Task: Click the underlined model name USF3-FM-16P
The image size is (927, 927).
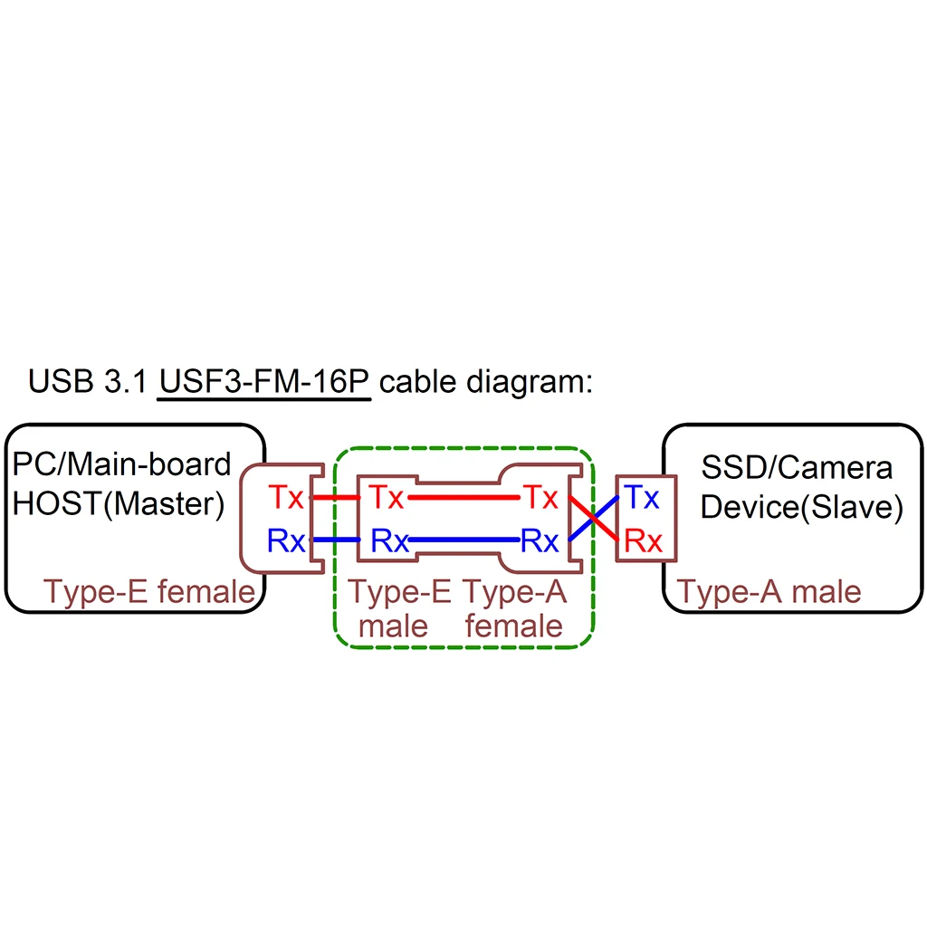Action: [x=264, y=380]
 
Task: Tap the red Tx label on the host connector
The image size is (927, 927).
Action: [x=286, y=497]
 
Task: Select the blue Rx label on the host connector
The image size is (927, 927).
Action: [x=286, y=541]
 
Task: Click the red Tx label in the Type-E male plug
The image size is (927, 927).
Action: [x=386, y=497]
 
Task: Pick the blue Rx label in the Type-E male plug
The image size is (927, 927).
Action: [x=390, y=541]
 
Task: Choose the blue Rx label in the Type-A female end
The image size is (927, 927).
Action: [x=540, y=541]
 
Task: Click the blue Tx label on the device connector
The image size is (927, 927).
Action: [x=642, y=497]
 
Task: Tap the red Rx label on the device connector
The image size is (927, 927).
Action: [x=644, y=541]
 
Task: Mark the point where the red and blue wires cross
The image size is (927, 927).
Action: [x=593, y=519]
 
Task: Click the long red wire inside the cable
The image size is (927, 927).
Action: [x=463, y=497]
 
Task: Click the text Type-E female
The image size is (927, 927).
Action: [x=149, y=592]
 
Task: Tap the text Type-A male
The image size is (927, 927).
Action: [x=769, y=592]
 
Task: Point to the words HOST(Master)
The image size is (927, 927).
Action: [x=119, y=503]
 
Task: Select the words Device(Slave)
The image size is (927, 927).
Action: [x=801, y=507]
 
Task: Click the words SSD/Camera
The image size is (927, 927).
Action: [x=797, y=467]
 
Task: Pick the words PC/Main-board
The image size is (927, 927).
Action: [x=122, y=464]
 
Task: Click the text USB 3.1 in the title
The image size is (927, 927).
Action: [x=87, y=380]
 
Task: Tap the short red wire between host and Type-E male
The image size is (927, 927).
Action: [x=336, y=497]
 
